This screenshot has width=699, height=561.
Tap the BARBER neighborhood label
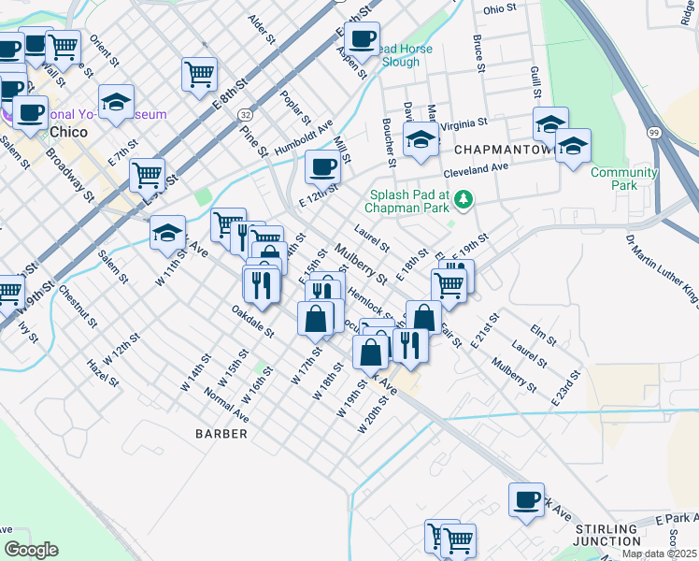click(x=221, y=434)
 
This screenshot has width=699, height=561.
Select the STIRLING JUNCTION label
click(x=607, y=535)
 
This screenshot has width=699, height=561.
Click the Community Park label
click(x=623, y=178)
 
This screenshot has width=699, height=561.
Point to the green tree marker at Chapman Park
click(x=462, y=198)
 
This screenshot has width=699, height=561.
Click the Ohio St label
click(x=500, y=8)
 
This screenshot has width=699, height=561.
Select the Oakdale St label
click(x=253, y=319)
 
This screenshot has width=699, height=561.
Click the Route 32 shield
click(x=245, y=113)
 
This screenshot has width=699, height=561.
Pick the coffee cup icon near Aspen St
click(x=362, y=38)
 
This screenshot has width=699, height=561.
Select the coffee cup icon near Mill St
click(x=322, y=166)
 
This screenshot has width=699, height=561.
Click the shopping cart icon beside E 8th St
click(x=200, y=73)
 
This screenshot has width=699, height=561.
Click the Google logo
click(x=32, y=550)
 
